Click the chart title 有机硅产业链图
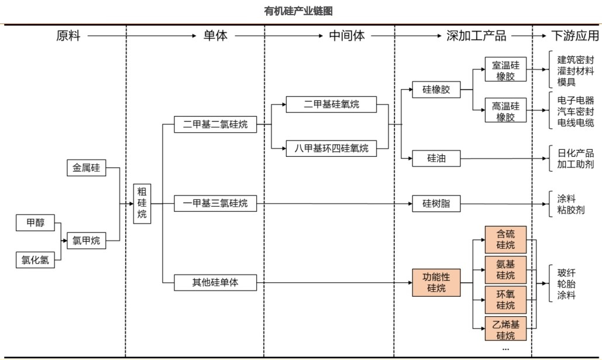[x=298, y=12]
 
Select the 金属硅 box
[x=86, y=169]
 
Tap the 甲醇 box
[x=35, y=223]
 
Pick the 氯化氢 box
[x=35, y=259]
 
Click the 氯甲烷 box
[x=86, y=240]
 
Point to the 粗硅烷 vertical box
[x=142, y=203]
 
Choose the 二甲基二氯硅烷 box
[x=215, y=124]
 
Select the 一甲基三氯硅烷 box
[x=215, y=203]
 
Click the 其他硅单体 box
[x=215, y=283]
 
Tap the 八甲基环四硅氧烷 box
[x=331, y=149]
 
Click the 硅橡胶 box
[x=436, y=90]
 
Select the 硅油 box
[x=436, y=158]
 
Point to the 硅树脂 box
[x=436, y=204]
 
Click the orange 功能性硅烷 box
[x=436, y=282]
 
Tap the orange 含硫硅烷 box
[x=505, y=239]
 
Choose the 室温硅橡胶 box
[x=505, y=70]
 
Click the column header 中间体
[x=347, y=36]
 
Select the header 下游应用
[x=575, y=36]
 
